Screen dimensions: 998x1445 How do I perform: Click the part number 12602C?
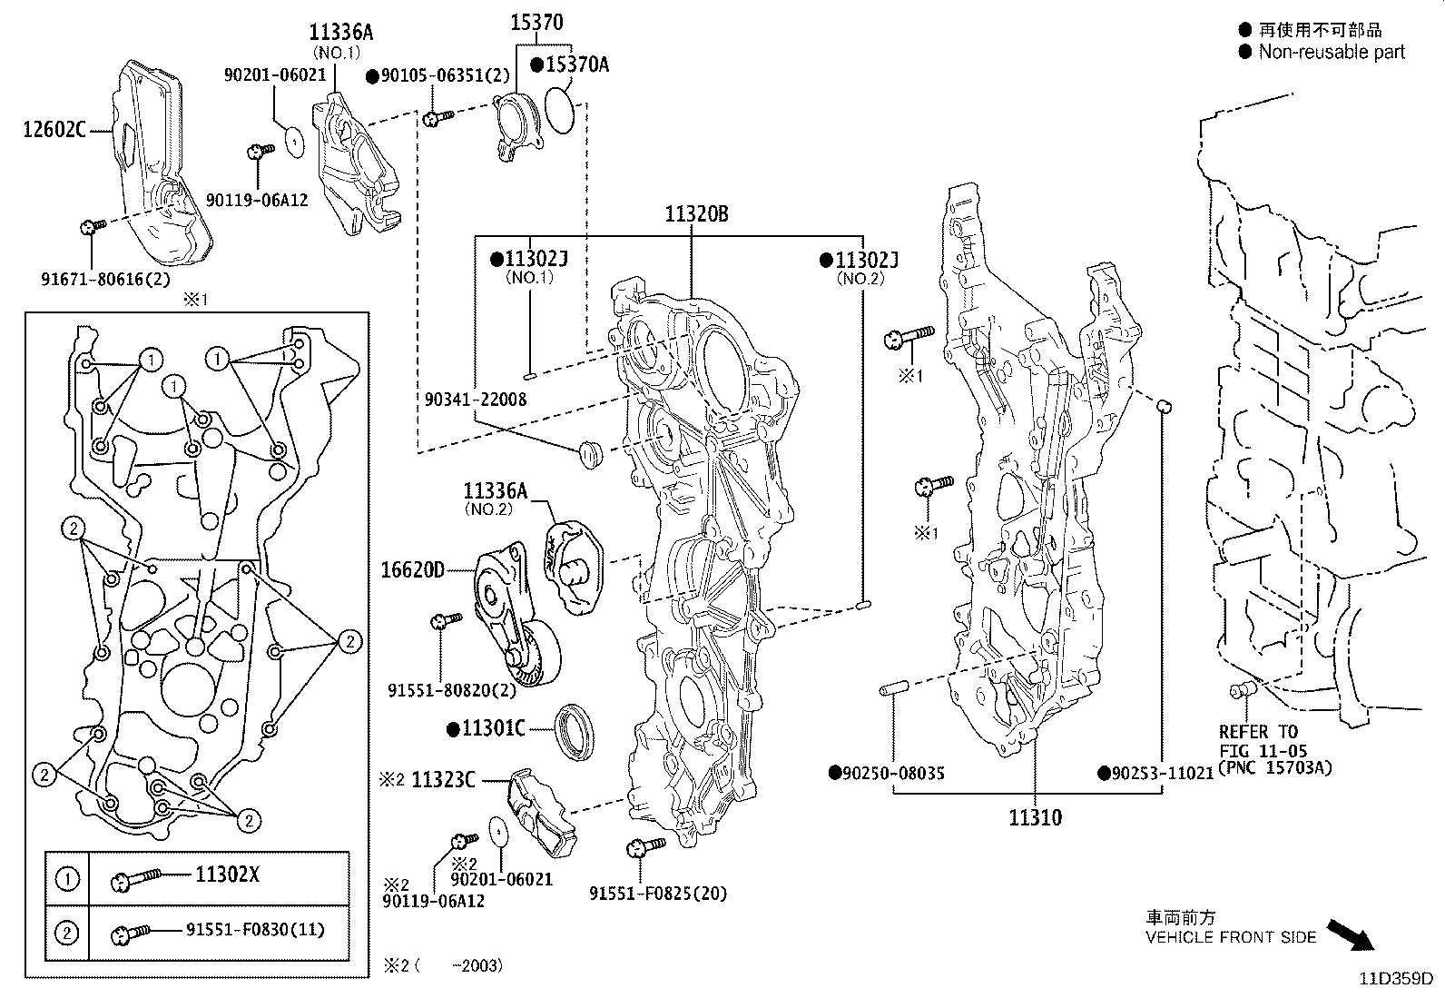[54, 130]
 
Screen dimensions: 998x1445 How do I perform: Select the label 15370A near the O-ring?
[576, 64]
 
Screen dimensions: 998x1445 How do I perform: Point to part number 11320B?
[696, 215]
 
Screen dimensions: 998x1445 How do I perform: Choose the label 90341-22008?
[475, 399]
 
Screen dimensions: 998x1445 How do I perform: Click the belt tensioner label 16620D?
[413, 570]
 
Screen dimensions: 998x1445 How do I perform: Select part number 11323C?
[444, 780]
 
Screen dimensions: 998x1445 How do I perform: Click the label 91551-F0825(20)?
[658, 894]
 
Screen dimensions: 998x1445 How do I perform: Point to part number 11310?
[1035, 817]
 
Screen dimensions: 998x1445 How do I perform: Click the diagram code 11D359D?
[1395, 979]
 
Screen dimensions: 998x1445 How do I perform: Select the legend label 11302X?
[227, 874]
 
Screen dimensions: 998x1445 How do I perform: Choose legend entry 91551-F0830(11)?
[255, 930]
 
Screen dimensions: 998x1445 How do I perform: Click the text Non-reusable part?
[1331, 53]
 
